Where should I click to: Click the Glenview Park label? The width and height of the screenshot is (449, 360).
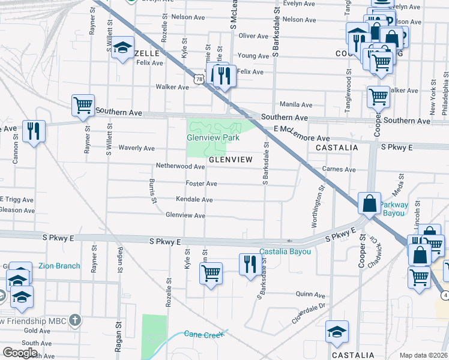point(212,137)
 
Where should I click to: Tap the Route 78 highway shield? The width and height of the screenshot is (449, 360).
point(199,79)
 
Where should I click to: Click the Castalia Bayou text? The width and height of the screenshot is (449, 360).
point(285,251)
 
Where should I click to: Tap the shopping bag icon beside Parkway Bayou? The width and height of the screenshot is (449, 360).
point(369,203)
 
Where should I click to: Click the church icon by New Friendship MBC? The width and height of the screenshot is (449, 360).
point(75,319)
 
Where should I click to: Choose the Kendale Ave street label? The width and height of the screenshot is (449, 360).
point(194,199)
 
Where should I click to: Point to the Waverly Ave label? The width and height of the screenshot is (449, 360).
point(136,148)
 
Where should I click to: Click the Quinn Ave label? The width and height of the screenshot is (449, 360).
point(310,295)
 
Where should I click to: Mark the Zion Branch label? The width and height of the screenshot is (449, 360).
point(59,266)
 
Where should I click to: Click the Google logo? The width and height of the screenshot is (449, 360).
point(20,353)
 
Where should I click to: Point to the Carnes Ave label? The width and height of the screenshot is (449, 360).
point(339,169)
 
